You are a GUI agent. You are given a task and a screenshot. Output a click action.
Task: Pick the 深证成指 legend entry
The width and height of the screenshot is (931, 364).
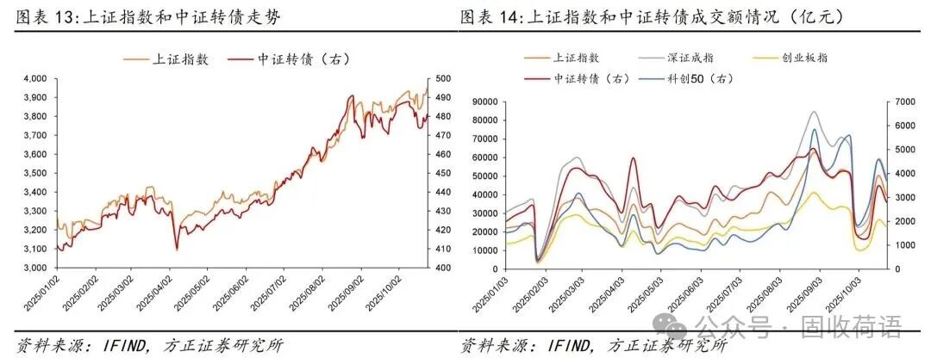click(x=689, y=59)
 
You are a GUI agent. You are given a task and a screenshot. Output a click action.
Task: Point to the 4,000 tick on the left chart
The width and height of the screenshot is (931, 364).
click(x=34, y=79)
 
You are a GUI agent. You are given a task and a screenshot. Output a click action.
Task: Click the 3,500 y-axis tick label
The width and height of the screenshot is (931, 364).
click(x=34, y=173)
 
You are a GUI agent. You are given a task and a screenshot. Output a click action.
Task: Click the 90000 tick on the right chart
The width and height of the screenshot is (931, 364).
click(x=487, y=102)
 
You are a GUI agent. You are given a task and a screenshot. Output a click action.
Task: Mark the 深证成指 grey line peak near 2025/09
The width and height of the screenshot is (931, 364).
click(x=814, y=112)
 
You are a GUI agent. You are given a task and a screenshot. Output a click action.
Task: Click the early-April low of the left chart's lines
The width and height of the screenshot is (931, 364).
click(x=177, y=249)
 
